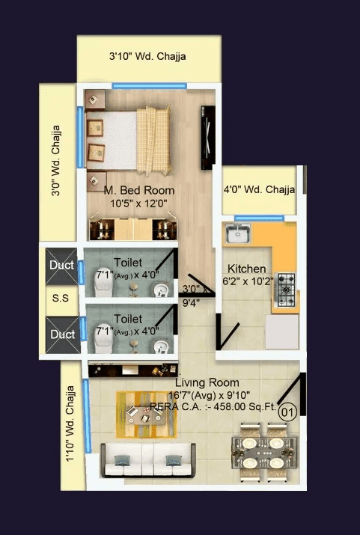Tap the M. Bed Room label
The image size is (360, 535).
[x=139, y=190]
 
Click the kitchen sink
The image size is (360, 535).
[x=239, y=233]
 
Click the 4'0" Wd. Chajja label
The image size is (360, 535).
[x=258, y=190]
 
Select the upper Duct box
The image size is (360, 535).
[x=61, y=265]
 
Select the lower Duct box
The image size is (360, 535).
[x=61, y=334]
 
